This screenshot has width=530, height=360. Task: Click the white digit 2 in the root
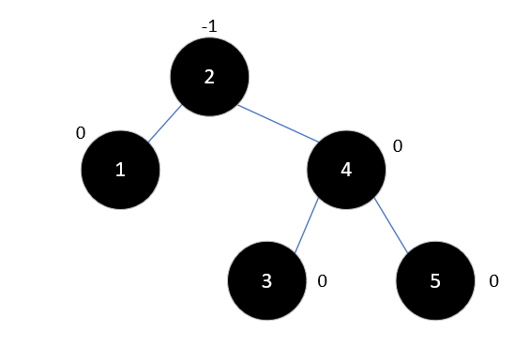click(x=209, y=77)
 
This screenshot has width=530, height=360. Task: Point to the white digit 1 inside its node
click(x=119, y=170)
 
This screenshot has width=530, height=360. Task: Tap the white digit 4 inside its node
click(x=346, y=170)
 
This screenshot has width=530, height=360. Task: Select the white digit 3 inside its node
click(x=266, y=281)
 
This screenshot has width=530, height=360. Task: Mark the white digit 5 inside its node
click(x=434, y=281)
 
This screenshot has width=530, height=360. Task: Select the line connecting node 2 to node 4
click(x=278, y=123)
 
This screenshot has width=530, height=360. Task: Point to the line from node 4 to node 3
click(x=307, y=225)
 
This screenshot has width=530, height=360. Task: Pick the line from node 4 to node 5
click(x=391, y=226)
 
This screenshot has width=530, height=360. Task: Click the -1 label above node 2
click(x=209, y=26)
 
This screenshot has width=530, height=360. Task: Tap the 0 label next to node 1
click(x=81, y=133)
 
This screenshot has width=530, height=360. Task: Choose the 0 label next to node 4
click(x=397, y=147)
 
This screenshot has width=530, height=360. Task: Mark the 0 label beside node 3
click(x=322, y=281)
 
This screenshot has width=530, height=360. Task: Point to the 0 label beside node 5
click(x=493, y=281)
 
